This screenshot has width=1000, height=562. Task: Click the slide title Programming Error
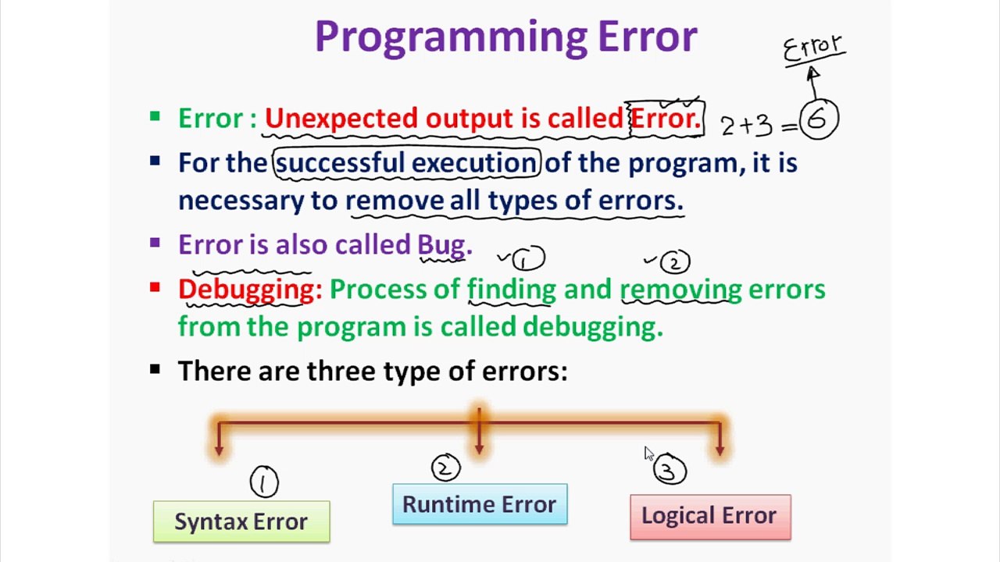[x=505, y=37]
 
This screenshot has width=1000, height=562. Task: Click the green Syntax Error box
[x=241, y=521]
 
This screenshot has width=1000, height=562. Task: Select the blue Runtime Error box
[x=480, y=504]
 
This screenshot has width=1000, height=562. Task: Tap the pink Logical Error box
[x=710, y=516]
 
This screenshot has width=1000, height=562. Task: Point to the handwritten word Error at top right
[x=813, y=48]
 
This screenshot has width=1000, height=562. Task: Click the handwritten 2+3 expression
[x=747, y=126]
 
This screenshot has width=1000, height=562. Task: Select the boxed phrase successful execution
[x=406, y=163]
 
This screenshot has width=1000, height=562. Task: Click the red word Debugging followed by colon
[x=250, y=289]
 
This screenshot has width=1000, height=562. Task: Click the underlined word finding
[x=512, y=290]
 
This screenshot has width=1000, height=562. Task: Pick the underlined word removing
[x=680, y=290]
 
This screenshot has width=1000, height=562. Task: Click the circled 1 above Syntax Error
[x=263, y=482]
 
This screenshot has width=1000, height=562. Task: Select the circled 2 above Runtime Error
[x=445, y=468]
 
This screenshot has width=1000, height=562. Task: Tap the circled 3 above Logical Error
[x=670, y=471]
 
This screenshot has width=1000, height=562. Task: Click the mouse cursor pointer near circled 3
[x=648, y=454]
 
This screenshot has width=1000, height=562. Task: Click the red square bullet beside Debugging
[x=155, y=288]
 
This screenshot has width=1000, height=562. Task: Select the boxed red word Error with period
[x=666, y=119]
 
